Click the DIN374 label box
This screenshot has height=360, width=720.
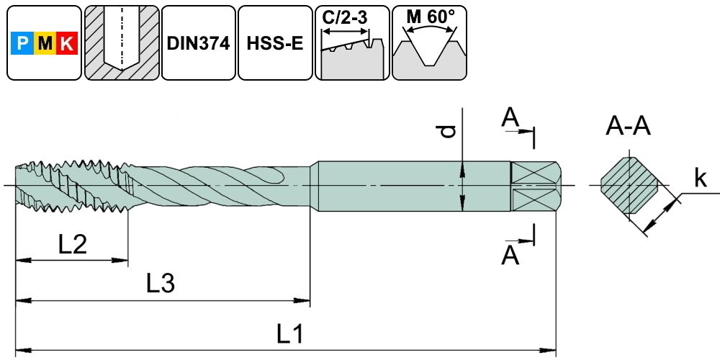tap(198, 43)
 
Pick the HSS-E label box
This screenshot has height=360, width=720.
tap(274, 43)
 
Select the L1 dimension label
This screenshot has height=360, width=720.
tap(290, 333)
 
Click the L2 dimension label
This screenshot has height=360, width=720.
tap(73, 246)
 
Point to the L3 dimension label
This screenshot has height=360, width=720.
tap(161, 284)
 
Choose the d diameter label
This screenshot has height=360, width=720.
tap(449, 131)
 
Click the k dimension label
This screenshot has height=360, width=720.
tap(700, 179)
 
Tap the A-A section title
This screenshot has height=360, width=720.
tap(629, 127)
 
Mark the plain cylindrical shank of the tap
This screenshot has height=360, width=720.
tap(410, 186)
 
